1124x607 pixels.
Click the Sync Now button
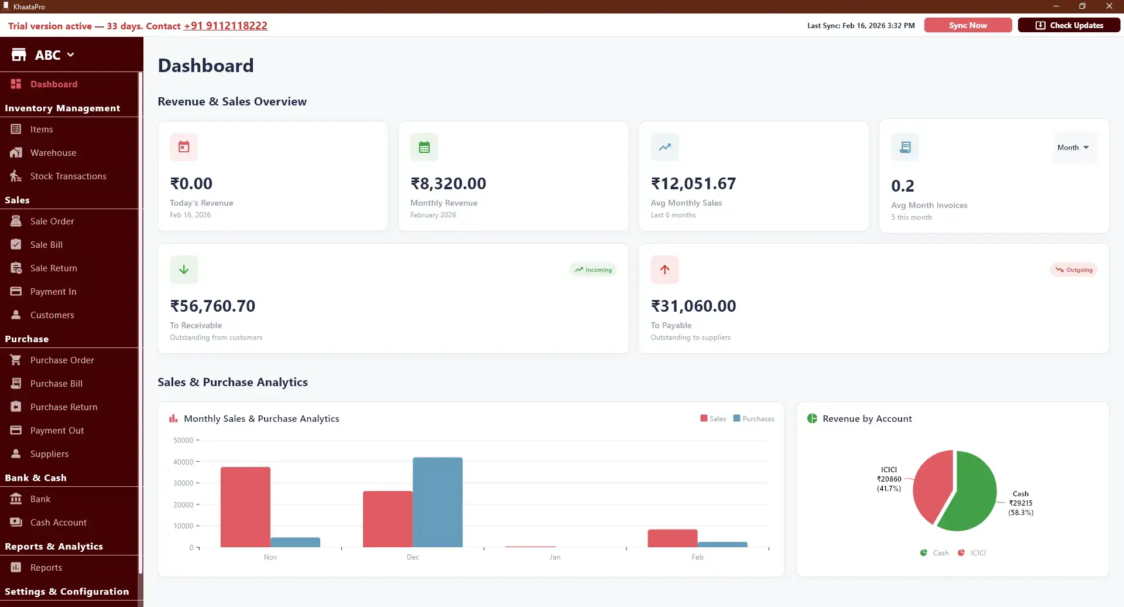tap(968, 25)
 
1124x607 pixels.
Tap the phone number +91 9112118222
tap(225, 26)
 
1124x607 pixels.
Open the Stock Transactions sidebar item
tap(68, 176)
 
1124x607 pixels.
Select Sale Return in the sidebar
tap(53, 268)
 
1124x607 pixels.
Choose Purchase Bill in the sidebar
tap(56, 384)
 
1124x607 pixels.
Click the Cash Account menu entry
tap(58, 523)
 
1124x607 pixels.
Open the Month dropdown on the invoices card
tap(1073, 148)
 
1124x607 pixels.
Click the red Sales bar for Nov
tap(245, 507)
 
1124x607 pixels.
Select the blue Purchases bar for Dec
tap(437, 502)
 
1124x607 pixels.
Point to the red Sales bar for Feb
tap(672, 538)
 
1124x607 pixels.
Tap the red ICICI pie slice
tap(932, 483)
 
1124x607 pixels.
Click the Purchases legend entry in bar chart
tap(754, 419)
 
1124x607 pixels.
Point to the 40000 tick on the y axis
tap(183, 462)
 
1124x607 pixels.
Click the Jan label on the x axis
tap(555, 557)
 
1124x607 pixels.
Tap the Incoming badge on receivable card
tap(593, 270)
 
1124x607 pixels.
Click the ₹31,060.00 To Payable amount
tap(693, 306)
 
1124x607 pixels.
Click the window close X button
tap(1109, 6)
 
